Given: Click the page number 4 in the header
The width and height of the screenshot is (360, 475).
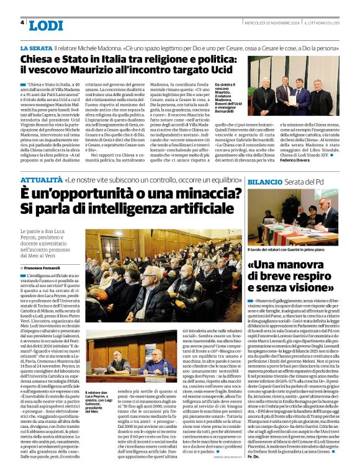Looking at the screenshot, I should coord(22,22).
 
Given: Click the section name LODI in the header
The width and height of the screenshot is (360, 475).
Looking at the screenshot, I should coord(45,25).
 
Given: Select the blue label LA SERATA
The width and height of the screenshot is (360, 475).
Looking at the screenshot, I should coord(35,48).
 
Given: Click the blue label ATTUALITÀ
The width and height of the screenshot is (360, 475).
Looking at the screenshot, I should coord(40,180).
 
